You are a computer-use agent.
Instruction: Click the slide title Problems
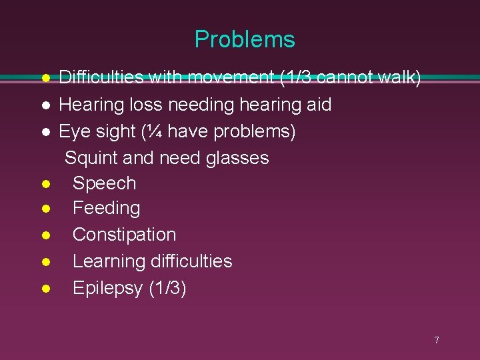(245, 40)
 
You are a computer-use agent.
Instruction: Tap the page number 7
(437, 341)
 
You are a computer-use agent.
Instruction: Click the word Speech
(104, 183)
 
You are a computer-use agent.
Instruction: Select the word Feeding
(106, 209)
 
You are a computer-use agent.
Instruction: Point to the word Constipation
(124, 235)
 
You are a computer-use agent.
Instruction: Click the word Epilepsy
(108, 288)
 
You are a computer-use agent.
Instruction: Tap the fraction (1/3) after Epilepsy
(168, 288)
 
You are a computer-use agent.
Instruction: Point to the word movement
(231, 78)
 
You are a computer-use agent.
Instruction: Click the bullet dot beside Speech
(45, 183)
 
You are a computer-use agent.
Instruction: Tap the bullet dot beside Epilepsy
(45, 289)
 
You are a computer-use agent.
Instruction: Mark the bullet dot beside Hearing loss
(45, 105)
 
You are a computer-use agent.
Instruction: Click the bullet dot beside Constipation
(45, 235)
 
